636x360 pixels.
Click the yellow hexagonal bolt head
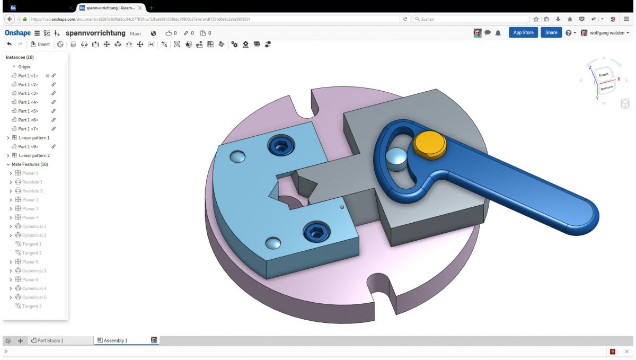tap(430, 144)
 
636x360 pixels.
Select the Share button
tap(551, 33)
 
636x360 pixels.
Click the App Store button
tap(523, 33)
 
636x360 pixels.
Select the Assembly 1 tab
tap(116, 340)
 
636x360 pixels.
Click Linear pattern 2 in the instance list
tap(34, 155)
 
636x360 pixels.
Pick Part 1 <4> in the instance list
tap(28, 102)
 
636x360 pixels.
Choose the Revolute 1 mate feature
tap(32, 182)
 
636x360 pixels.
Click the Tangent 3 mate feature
tap(32, 306)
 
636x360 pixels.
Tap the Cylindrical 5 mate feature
tap(34, 297)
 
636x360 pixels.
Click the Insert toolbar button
tap(40, 45)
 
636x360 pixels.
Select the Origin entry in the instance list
tap(24, 67)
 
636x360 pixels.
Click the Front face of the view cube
tap(603, 75)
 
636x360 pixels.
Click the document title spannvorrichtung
tap(95, 33)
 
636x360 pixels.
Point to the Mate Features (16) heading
tap(30, 164)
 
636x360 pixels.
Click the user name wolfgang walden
tap(607, 33)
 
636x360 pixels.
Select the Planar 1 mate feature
tap(30, 173)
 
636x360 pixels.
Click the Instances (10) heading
tap(20, 57)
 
